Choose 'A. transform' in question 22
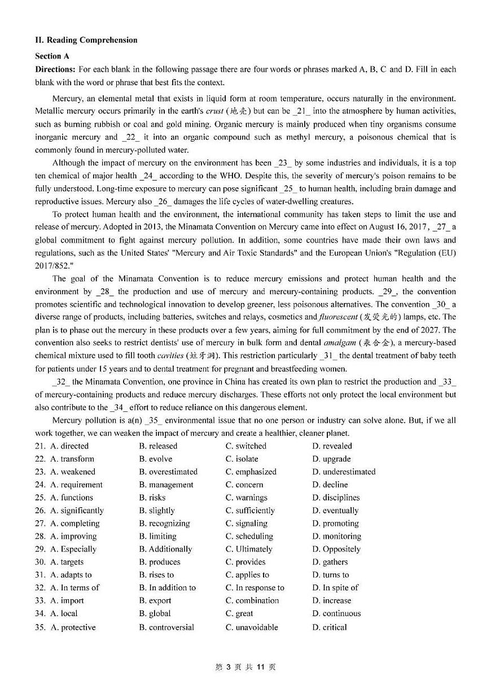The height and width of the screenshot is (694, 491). [x=72, y=459]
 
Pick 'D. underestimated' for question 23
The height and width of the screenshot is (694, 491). [x=343, y=472]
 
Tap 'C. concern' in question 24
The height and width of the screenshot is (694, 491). [x=244, y=485]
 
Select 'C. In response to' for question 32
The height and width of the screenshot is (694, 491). [x=255, y=588]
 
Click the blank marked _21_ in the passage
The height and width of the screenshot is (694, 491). [x=302, y=111]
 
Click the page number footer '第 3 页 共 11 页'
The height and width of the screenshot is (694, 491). [x=246, y=667]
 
